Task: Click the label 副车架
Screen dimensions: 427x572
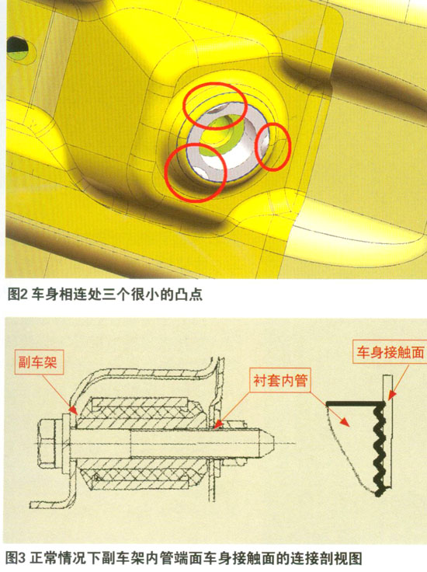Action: pos(38,362)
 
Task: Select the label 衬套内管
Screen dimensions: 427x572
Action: pos(280,380)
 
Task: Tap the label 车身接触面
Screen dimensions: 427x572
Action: pos(390,352)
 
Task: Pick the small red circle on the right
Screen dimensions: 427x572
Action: pos(273,147)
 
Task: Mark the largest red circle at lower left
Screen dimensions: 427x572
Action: pos(196,172)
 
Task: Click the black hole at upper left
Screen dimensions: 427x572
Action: pos(17,45)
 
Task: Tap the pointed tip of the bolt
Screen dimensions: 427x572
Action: pos(273,443)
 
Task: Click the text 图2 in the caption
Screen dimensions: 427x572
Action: pos(18,295)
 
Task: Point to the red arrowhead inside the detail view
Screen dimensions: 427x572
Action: pos(344,422)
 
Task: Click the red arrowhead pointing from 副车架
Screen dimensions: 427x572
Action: pos(74,410)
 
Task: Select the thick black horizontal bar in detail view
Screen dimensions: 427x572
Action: pos(356,403)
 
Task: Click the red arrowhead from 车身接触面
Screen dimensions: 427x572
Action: pos(391,395)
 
